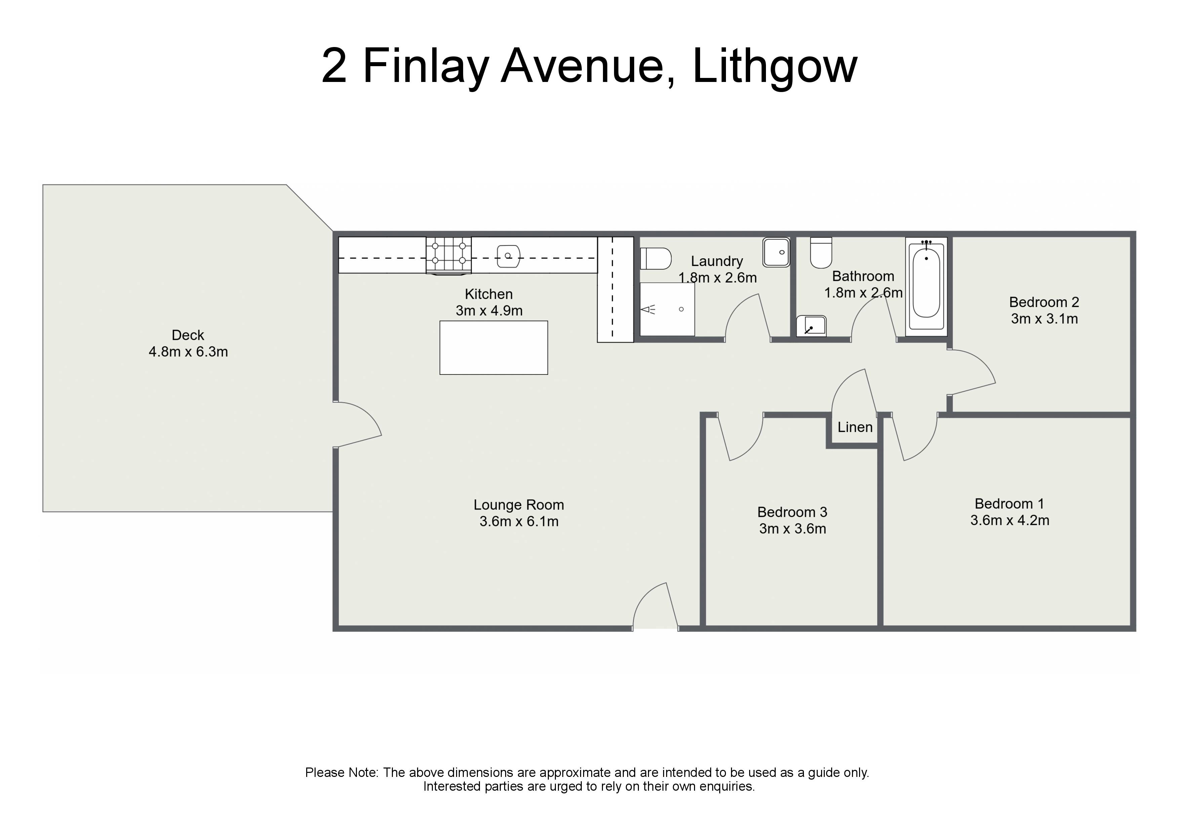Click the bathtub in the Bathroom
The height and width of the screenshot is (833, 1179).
pos(926,287)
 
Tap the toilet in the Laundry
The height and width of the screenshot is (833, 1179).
pos(656,259)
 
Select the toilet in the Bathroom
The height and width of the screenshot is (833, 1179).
pos(821,253)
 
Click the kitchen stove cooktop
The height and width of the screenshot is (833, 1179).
pos(449,255)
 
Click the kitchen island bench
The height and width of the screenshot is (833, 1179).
pos(493,347)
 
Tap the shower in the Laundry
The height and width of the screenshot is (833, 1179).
pos(667,309)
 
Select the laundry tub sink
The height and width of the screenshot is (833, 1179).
pos(776,252)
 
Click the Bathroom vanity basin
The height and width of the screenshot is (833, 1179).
pos(811,326)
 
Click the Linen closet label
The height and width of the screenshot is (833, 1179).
pos(855,427)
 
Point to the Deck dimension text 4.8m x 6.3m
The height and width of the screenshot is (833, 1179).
pos(188,352)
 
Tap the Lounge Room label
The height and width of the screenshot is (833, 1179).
pos(519,505)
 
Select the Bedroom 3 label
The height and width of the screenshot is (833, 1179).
pos(792,512)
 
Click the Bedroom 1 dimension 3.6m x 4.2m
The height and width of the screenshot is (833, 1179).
pos(1010,520)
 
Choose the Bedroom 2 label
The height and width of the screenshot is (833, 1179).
pos(1044,302)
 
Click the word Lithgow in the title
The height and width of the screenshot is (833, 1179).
pos(775,67)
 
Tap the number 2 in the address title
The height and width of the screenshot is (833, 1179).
pos(334,66)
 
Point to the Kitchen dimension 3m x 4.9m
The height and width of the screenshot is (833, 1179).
pos(489,310)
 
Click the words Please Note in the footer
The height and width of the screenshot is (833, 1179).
pos(341,773)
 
